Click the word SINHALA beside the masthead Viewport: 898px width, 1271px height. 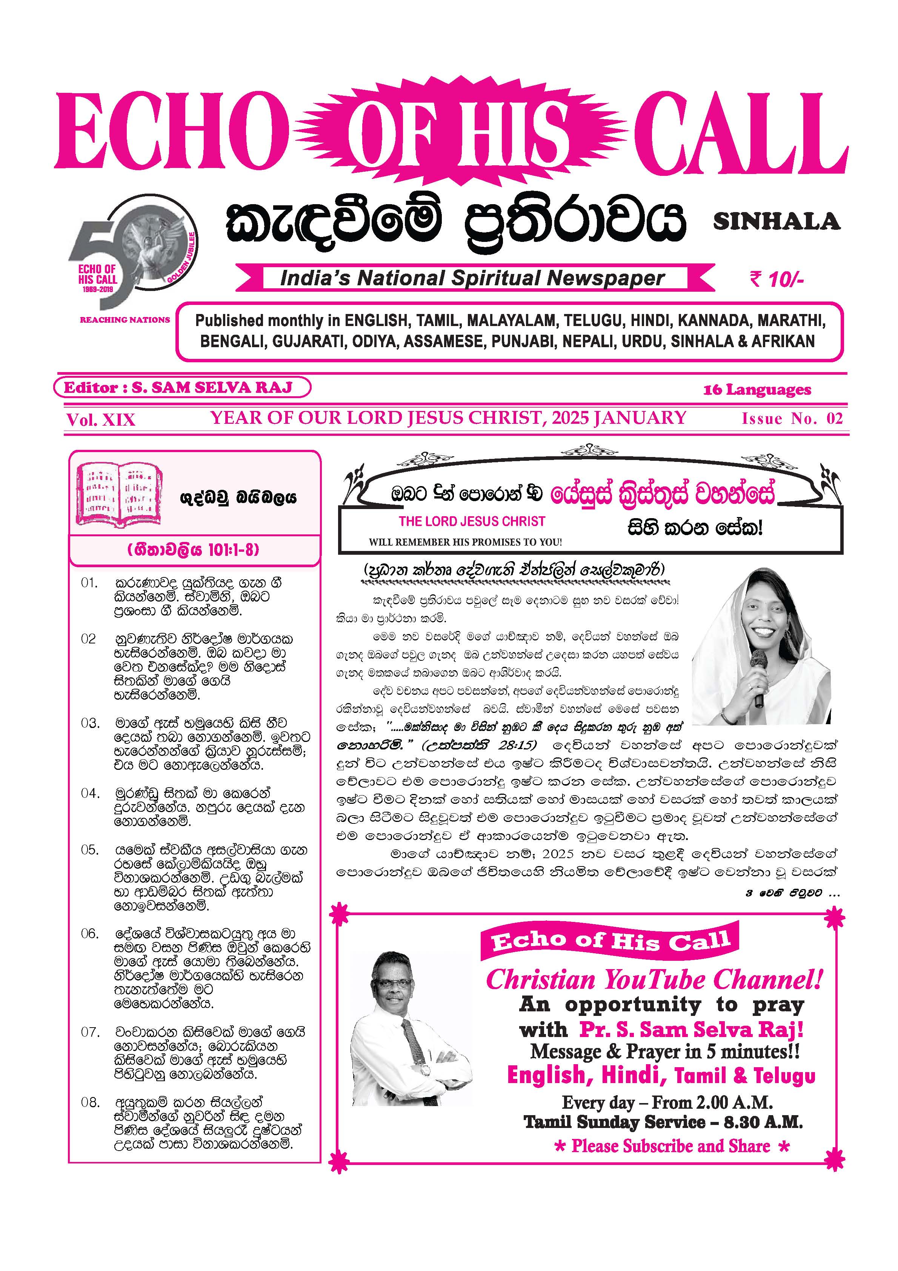[x=776, y=222]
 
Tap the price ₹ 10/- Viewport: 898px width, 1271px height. [x=776, y=280]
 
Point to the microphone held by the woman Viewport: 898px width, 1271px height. [x=758, y=677]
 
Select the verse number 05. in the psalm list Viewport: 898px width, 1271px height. [x=90, y=850]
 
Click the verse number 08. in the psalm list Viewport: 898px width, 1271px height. [x=90, y=1102]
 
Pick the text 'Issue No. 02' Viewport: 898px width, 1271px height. [x=792, y=419]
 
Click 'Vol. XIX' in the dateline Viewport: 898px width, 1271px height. [x=100, y=420]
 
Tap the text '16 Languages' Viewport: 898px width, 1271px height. [x=757, y=390]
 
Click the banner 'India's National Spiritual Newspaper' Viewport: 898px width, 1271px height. [x=472, y=278]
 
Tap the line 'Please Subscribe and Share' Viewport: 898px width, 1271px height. [x=671, y=1146]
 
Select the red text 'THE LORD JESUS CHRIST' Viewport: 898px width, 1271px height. [x=472, y=522]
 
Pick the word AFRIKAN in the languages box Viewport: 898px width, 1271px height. [x=783, y=341]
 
